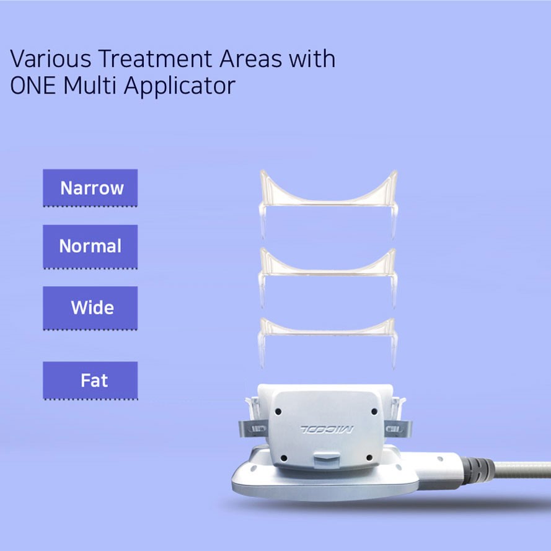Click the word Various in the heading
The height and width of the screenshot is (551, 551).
(51, 58)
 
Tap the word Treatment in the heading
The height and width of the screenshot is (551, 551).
(155, 58)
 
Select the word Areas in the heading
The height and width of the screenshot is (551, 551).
(251, 58)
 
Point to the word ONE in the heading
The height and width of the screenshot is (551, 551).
(33, 86)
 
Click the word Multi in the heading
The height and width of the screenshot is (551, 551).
(90, 86)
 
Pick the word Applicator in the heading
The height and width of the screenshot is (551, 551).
(180, 86)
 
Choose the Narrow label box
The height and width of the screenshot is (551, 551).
(90, 188)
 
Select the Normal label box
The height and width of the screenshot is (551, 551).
(90, 247)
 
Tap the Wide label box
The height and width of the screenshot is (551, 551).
(90, 308)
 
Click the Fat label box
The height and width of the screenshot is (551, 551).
(90, 381)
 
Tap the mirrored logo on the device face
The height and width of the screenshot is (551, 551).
(327, 429)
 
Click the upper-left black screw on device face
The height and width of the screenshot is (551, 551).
(278, 411)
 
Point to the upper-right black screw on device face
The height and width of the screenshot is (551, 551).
(374, 411)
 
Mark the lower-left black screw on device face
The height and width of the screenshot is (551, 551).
(284, 458)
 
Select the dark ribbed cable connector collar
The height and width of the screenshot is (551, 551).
(474, 471)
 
